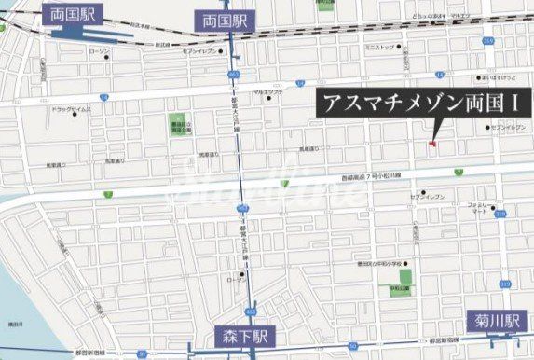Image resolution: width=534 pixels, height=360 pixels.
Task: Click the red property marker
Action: point(432,143)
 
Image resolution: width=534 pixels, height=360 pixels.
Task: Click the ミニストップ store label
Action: point(379,46)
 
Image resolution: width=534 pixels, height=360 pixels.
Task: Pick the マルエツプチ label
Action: point(268,91)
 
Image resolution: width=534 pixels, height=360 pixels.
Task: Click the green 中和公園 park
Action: point(405,277)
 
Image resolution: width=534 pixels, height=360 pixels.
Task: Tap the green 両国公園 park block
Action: point(178,126)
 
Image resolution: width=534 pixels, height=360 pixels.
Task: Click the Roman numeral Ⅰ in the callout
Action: point(491,103)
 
